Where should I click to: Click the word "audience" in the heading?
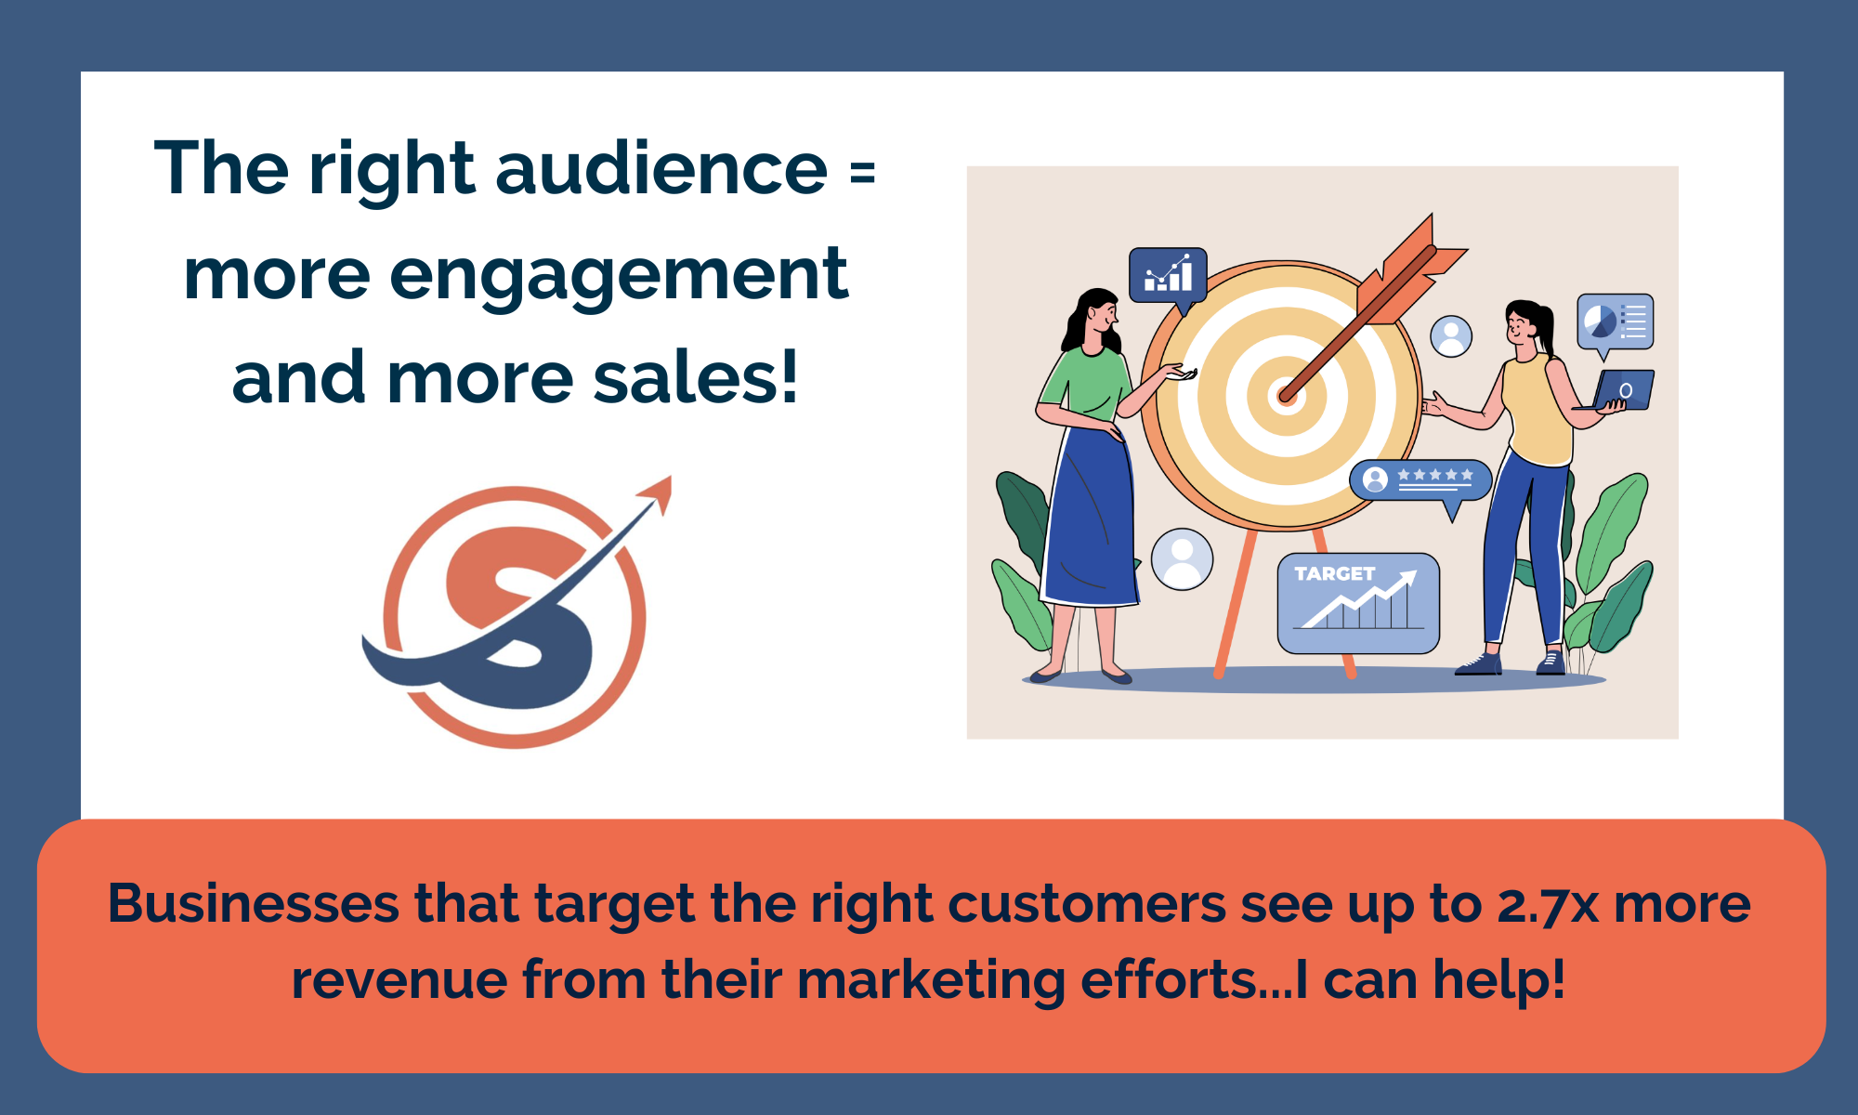point(661,169)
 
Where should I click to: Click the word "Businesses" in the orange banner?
point(254,904)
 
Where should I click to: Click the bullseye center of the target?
point(1286,396)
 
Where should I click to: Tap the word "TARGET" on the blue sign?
point(1334,574)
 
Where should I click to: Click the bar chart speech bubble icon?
point(1168,275)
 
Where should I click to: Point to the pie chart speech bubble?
point(1615,322)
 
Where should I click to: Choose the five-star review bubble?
point(1420,480)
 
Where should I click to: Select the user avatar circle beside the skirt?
point(1182,558)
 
